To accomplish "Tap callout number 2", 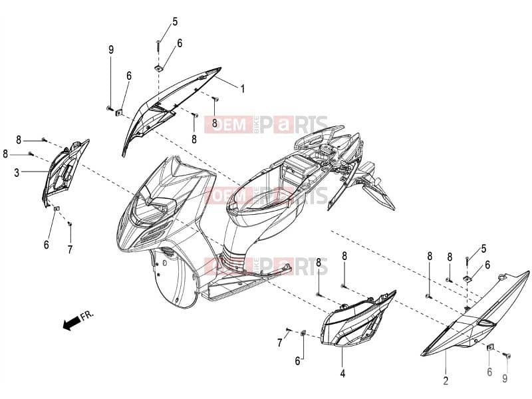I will (446, 380).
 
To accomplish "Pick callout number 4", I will (342, 374).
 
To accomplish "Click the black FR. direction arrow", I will (68, 323).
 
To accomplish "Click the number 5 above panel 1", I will (175, 22).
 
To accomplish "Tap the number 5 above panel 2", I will (483, 249).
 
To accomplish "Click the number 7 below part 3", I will (70, 249).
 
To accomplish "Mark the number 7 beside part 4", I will (280, 342).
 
